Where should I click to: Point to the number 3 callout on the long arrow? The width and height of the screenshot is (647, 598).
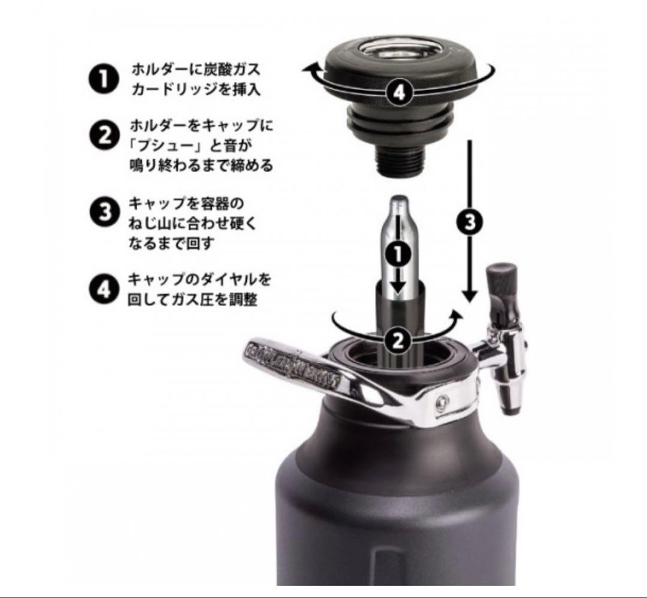(x=470, y=222)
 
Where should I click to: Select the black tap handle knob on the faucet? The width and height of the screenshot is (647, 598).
(x=501, y=281)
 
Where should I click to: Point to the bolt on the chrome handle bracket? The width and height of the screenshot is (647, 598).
(x=442, y=401)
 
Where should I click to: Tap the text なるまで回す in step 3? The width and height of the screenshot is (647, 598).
(x=170, y=244)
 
